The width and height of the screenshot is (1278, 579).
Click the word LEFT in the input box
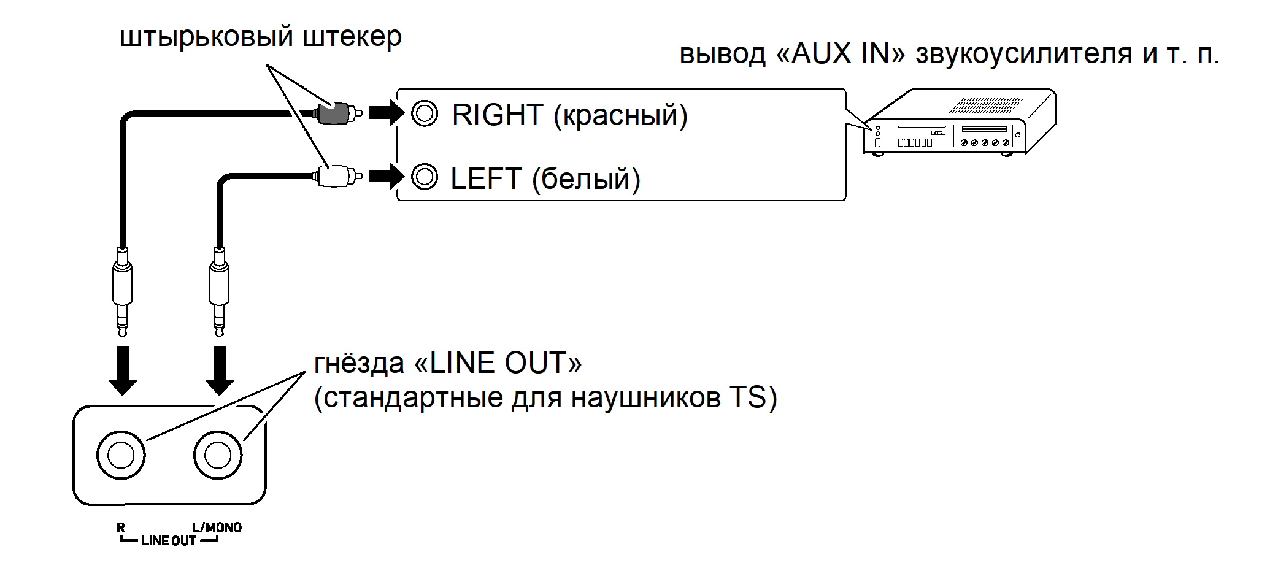coord(485,178)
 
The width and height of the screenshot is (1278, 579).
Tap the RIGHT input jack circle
coord(425,113)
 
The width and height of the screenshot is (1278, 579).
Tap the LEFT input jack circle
coord(425,177)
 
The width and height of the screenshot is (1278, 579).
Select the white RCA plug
coord(336,177)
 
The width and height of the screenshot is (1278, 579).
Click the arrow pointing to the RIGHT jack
coord(386,113)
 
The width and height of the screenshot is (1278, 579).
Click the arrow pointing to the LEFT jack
coord(386,177)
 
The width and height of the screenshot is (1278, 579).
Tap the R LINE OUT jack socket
coord(121,455)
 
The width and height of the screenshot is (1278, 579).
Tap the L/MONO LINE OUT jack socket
coord(218,455)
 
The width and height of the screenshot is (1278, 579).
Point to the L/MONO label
coord(217,527)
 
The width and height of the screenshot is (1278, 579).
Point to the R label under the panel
coord(121,527)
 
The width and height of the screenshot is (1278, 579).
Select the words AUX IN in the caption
coord(841,54)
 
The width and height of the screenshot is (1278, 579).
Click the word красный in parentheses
coord(620,116)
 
